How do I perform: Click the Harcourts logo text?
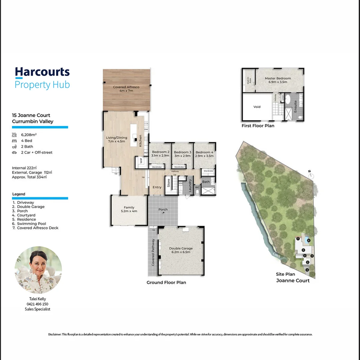(x=42, y=72)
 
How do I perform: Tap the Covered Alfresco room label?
(x=126, y=89)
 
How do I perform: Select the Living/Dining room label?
(x=116, y=139)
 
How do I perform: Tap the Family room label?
(x=129, y=209)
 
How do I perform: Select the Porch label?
(x=163, y=209)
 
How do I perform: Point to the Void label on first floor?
(x=257, y=107)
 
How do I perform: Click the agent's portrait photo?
(x=38, y=270)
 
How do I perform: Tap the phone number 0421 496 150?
(x=37, y=304)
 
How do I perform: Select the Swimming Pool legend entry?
(x=31, y=224)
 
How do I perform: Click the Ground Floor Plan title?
(x=166, y=282)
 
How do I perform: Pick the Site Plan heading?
(x=285, y=274)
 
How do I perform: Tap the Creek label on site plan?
(x=277, y=255)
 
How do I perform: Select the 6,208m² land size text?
(x=29, y=135)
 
